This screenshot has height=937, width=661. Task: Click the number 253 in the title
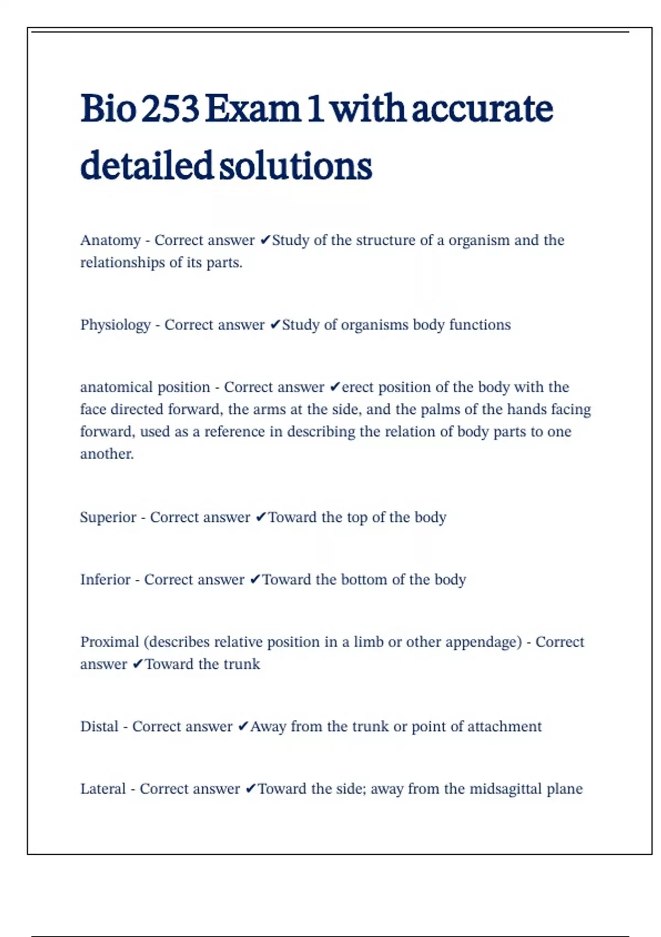(170, 109)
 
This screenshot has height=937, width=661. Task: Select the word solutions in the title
(296, 166)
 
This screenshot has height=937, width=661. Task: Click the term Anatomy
(111, 241)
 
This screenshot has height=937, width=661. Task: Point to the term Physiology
(115, 325)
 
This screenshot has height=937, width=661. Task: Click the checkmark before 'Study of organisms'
(275, 325)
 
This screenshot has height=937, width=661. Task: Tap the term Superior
(108, 518)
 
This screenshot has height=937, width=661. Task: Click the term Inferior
(105, 580)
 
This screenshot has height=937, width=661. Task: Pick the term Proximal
(110, 642)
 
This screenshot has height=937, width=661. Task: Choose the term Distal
(99, 726)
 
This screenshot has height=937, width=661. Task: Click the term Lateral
(102, 789)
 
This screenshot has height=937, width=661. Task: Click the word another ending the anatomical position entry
(106, 454)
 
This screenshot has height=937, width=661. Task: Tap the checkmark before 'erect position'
(335, 387)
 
